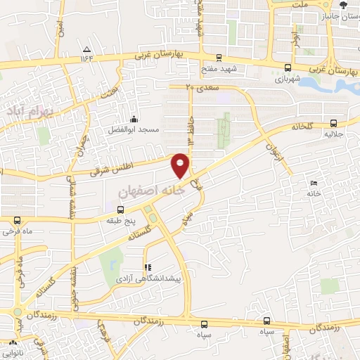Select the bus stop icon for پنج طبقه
(x=120, y=210)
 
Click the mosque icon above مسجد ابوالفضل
(x=133, y=119)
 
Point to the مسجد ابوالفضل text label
(x=133, y=130)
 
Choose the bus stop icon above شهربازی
(x=287, y=67)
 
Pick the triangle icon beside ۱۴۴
(x=86, y=49)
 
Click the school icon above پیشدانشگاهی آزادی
(x=147, y=267)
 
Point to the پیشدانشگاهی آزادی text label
(x=148, y=279)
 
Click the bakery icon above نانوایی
(x=12, y=342)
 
